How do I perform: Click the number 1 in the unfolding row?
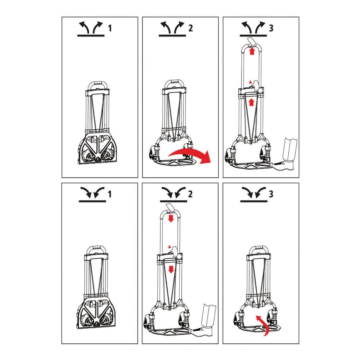(x=110, y=28)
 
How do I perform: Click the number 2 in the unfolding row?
(x=191, y=28)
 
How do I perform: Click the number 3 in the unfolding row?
(x=271, y=28)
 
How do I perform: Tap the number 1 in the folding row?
(x=110, y=194)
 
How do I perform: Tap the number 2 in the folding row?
(x=190, y=194)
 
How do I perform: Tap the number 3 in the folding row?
(x=271, y=194)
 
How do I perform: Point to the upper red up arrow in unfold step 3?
(x=252, y=51)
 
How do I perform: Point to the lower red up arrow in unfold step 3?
(x=252, y=102)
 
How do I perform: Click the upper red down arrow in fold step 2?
(x=171, y=218)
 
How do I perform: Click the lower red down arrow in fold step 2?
(x=171, y=269)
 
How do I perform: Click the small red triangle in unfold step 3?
(x=250, y=82)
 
